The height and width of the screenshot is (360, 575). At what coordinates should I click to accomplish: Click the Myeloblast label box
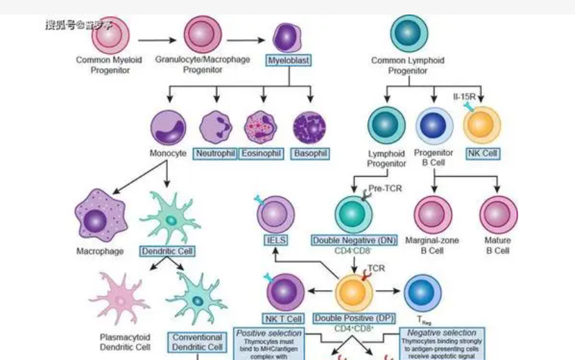pos(289,60)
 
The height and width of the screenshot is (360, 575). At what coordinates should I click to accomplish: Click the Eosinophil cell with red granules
pos(262,127)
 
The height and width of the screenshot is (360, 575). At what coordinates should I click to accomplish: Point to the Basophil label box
pos(309,153)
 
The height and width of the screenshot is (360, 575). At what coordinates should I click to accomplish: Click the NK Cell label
pos(482,153)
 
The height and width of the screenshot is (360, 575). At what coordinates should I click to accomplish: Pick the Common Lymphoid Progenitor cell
pos(409,31)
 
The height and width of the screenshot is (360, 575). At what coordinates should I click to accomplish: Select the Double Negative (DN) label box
pos(354,240)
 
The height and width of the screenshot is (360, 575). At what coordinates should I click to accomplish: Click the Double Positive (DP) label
pos(354,318)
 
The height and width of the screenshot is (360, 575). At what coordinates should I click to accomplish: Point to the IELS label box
pos(275,240)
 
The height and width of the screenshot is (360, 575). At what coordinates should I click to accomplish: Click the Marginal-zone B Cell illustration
pos(433,214)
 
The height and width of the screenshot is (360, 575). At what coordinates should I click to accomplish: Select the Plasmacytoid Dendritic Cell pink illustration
pos(119,298)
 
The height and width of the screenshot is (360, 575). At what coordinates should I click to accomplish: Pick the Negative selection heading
pos(442,333)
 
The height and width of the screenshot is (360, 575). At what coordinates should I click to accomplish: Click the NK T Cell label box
pos(284,318)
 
